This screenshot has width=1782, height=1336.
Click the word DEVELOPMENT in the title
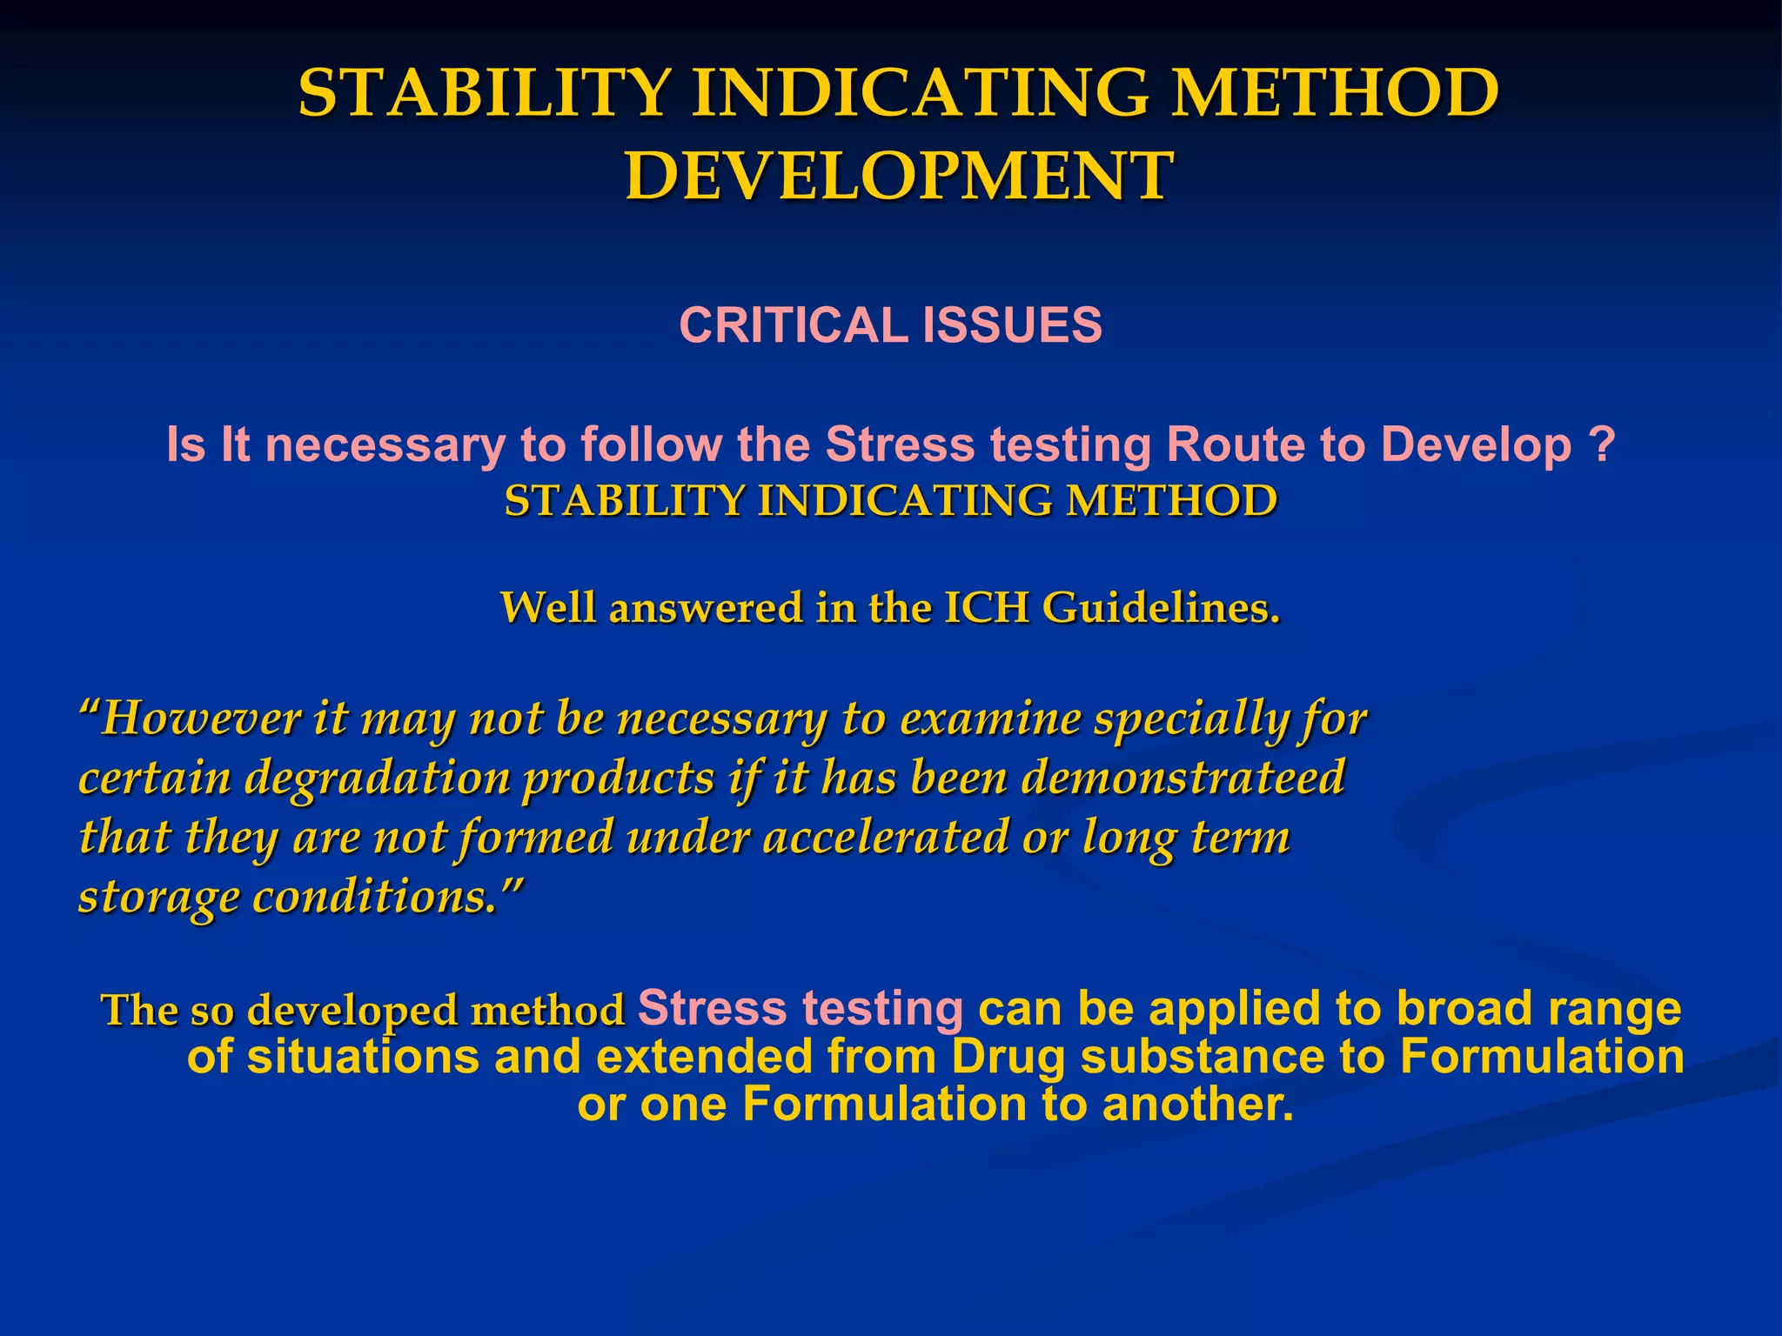pyautogui.click(x=899, y=177)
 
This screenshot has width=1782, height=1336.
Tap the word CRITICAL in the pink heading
pyautogui.click(x=793, y=325)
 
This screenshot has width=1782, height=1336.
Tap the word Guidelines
pyautogui.click(x=1162, y=608)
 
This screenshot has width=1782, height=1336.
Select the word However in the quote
pyautogui.click(x=200, y=720)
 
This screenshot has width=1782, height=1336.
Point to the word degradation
pyautogui.click(x=377, y=778)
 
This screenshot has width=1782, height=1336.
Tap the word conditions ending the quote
pyautogui.click(x=383, y=896)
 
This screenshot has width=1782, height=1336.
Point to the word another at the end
pyautogui.click(x=1196, y=1106)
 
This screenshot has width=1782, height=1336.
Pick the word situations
pyautogui.click(x=363, y=1058)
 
